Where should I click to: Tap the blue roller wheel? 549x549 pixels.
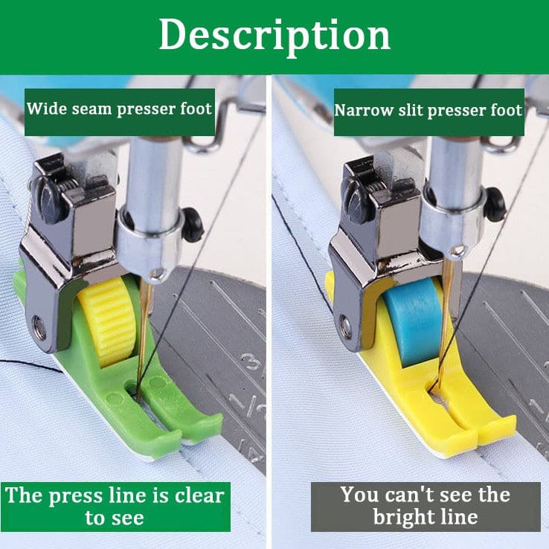tap(410, 322)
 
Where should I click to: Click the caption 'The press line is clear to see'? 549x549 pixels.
tap(115, 507)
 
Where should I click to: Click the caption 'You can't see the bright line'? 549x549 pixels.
tap(426, 507)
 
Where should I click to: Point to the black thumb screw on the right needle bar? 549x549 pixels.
tap(495, 205)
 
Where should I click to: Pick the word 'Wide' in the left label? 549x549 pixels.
tap(48, 109)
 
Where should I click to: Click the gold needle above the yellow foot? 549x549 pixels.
tap(445, 322)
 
